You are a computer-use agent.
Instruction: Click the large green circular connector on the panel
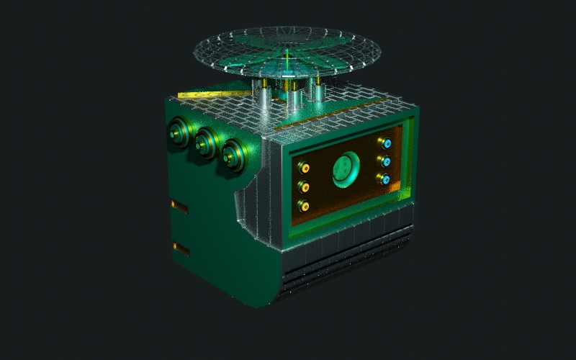click(344, 170)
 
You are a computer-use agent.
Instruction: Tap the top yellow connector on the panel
click(305, 168)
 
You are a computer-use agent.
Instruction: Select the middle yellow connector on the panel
click(305, 187)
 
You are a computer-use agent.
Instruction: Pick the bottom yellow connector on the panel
click(305, 206)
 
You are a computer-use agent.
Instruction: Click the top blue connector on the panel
click(386, 143)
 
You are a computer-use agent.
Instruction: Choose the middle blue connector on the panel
click(386, 161)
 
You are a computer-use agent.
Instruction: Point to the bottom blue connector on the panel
click(386, 179)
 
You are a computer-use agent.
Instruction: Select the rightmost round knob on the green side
click(233, 154)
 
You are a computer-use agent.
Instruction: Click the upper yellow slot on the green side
click(179, 207)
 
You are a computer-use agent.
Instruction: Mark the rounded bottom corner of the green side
click(263, 295)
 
